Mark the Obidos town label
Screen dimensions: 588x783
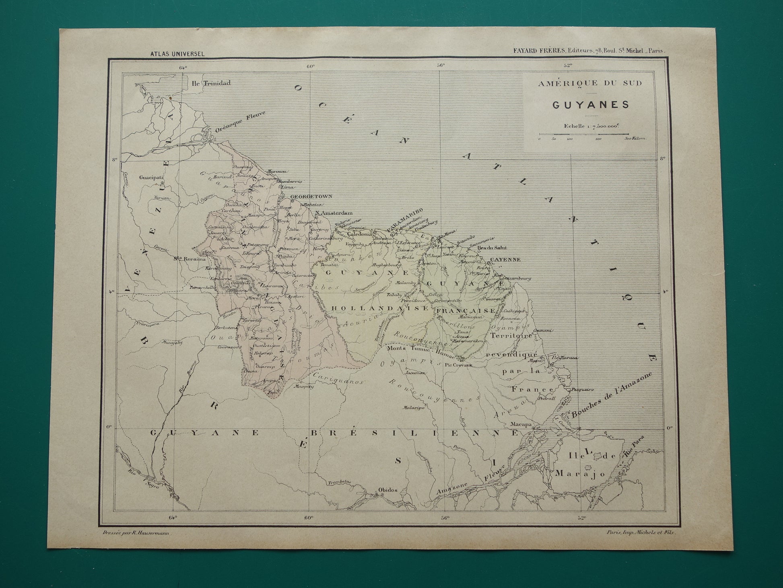pos(388,490)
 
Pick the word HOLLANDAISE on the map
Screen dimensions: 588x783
pos(380,308)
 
